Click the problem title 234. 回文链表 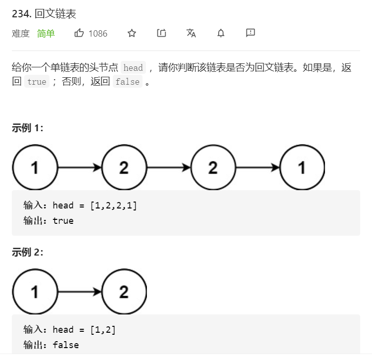[x=44, y=13]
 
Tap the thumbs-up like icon [x=79, y=33]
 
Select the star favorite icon [x=132, y=33]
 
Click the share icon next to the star [x=161, y=33]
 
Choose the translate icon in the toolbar [x=191, y=33]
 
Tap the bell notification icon [x=221, y=33]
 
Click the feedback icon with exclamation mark [x=250, y=33]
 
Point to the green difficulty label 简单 [x=46, y=33]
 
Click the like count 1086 [x=98, y=33]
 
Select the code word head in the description [x=133, y=68]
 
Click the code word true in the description [x=37, y=82]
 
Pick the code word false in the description [x=127, y=82]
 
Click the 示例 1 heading [x=28, y=128]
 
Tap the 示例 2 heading [x=28, y=253]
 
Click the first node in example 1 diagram [x=35, y=168]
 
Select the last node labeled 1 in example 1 [x=302, y=168]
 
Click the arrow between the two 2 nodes [x=169, y=168]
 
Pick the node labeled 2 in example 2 [x=124, y=292]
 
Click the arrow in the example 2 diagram [x=80, y=292]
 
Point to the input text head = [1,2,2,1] [x=94, y=206]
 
